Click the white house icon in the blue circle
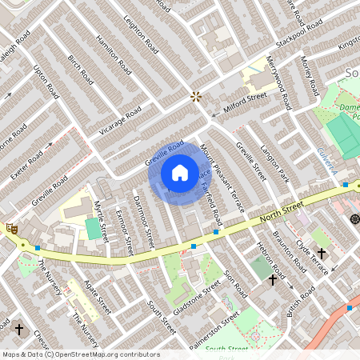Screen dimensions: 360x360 [180, 173]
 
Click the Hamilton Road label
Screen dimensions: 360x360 [113, 54]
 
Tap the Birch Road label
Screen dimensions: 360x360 [81, 70]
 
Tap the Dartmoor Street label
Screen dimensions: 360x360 [143, 222]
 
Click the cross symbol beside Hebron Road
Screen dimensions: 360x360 [273, 280]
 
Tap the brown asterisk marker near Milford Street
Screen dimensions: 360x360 [196, 97]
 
